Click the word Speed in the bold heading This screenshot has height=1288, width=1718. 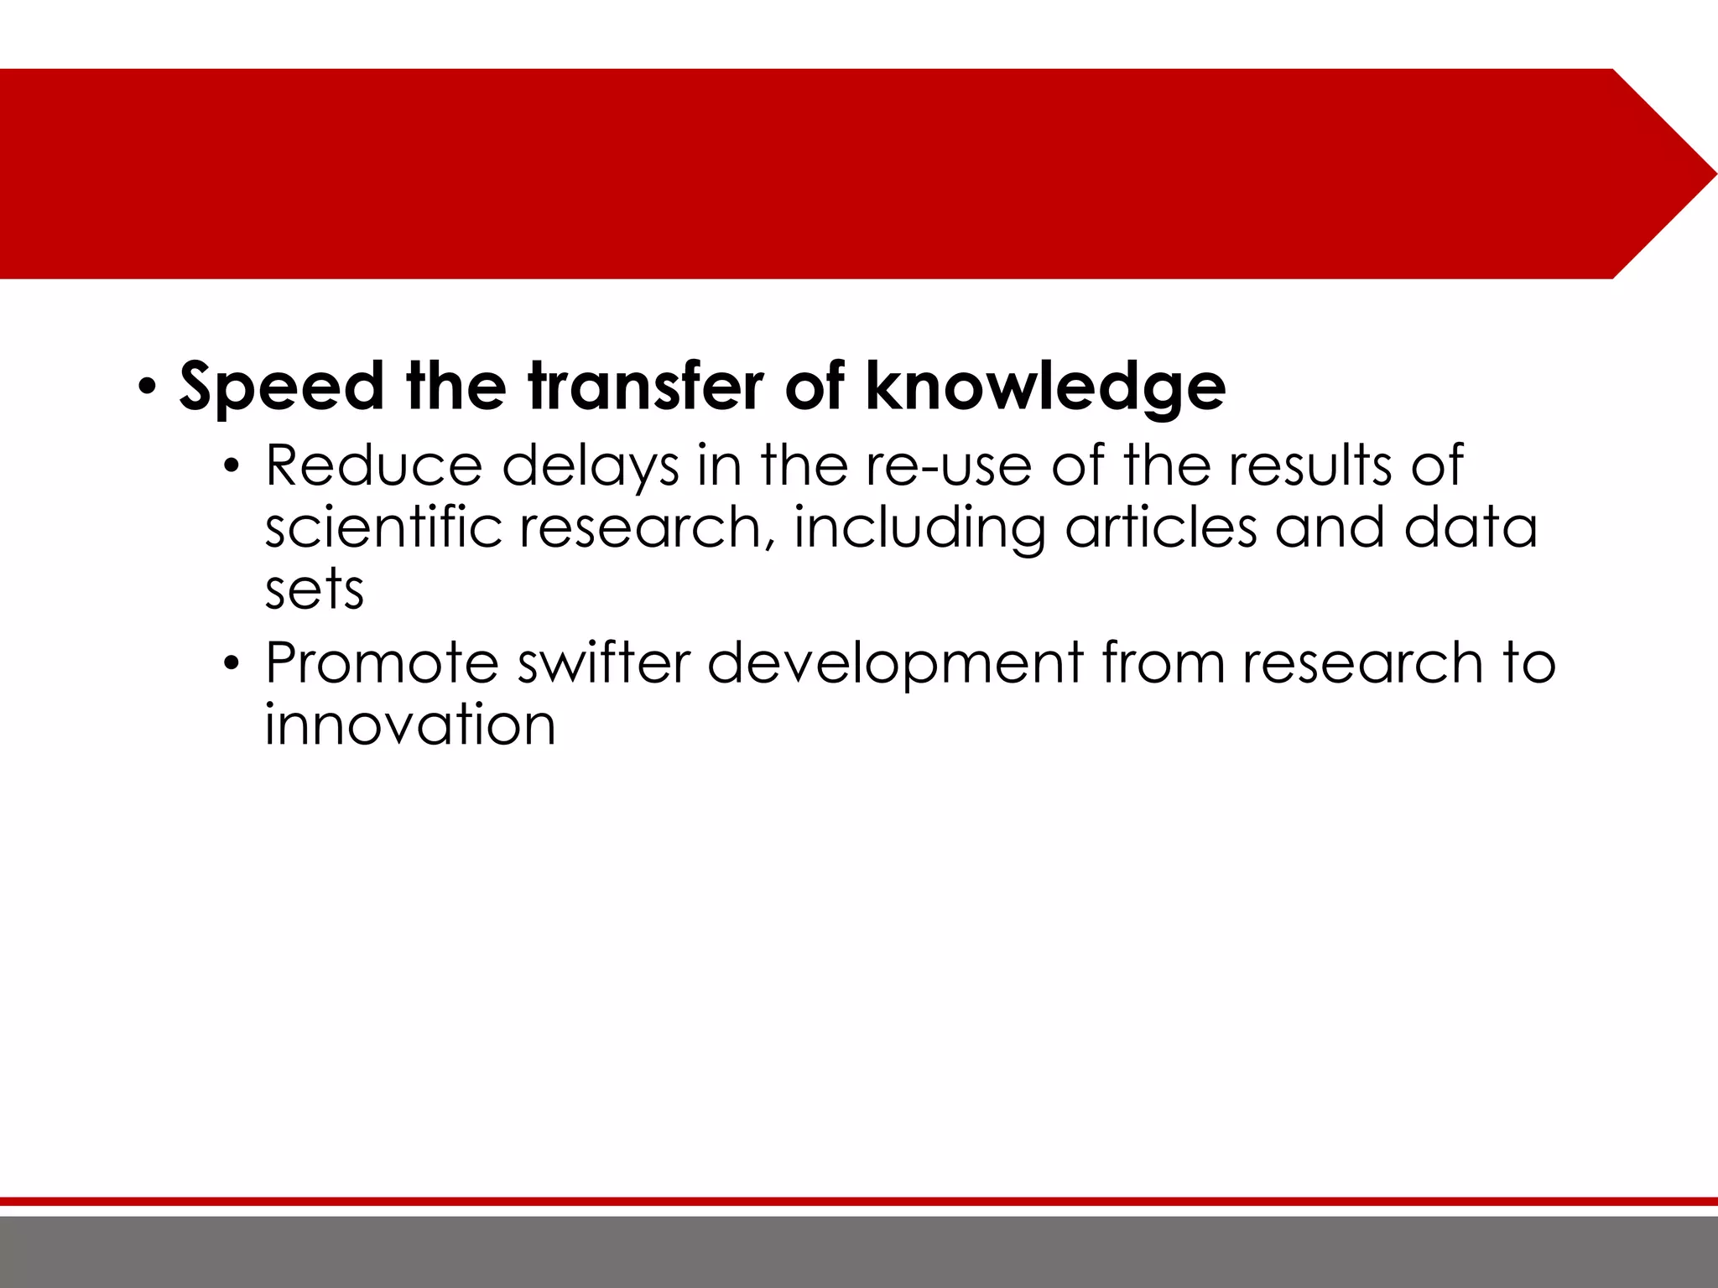(x=281, y=387)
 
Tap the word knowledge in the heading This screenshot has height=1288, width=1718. (x=1045, y=387)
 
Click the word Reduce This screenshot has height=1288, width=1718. (x=373, y=466)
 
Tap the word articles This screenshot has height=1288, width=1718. (x=1161, y=528)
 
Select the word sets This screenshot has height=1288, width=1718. (x=315, y=590)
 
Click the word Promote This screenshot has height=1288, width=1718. (x=382, y=663)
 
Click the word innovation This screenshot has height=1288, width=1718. (x=410, y=725)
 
